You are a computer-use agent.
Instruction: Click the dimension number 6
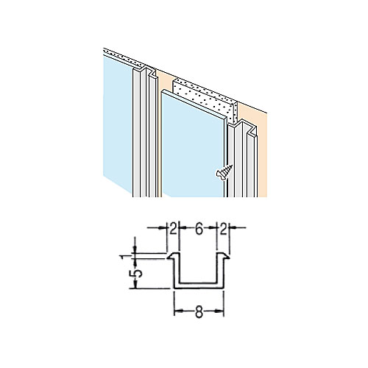(199, 230)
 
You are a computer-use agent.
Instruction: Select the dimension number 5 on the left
(138, 273)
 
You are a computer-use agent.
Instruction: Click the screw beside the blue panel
(224, 173)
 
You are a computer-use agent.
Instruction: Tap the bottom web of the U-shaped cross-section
(199, 286)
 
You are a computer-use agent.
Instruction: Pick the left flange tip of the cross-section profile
(169, 258)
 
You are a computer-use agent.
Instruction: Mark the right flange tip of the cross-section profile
(228, 257)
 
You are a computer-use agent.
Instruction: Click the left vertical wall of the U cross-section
(177, 270)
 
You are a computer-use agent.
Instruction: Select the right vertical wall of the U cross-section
(220, 270)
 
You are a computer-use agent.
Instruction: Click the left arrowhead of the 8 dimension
(177, 311)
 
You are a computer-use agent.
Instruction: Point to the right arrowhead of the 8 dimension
(220, 311)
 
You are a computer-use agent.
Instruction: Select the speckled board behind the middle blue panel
(205, 99)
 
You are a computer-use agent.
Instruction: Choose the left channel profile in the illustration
(145, 132)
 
